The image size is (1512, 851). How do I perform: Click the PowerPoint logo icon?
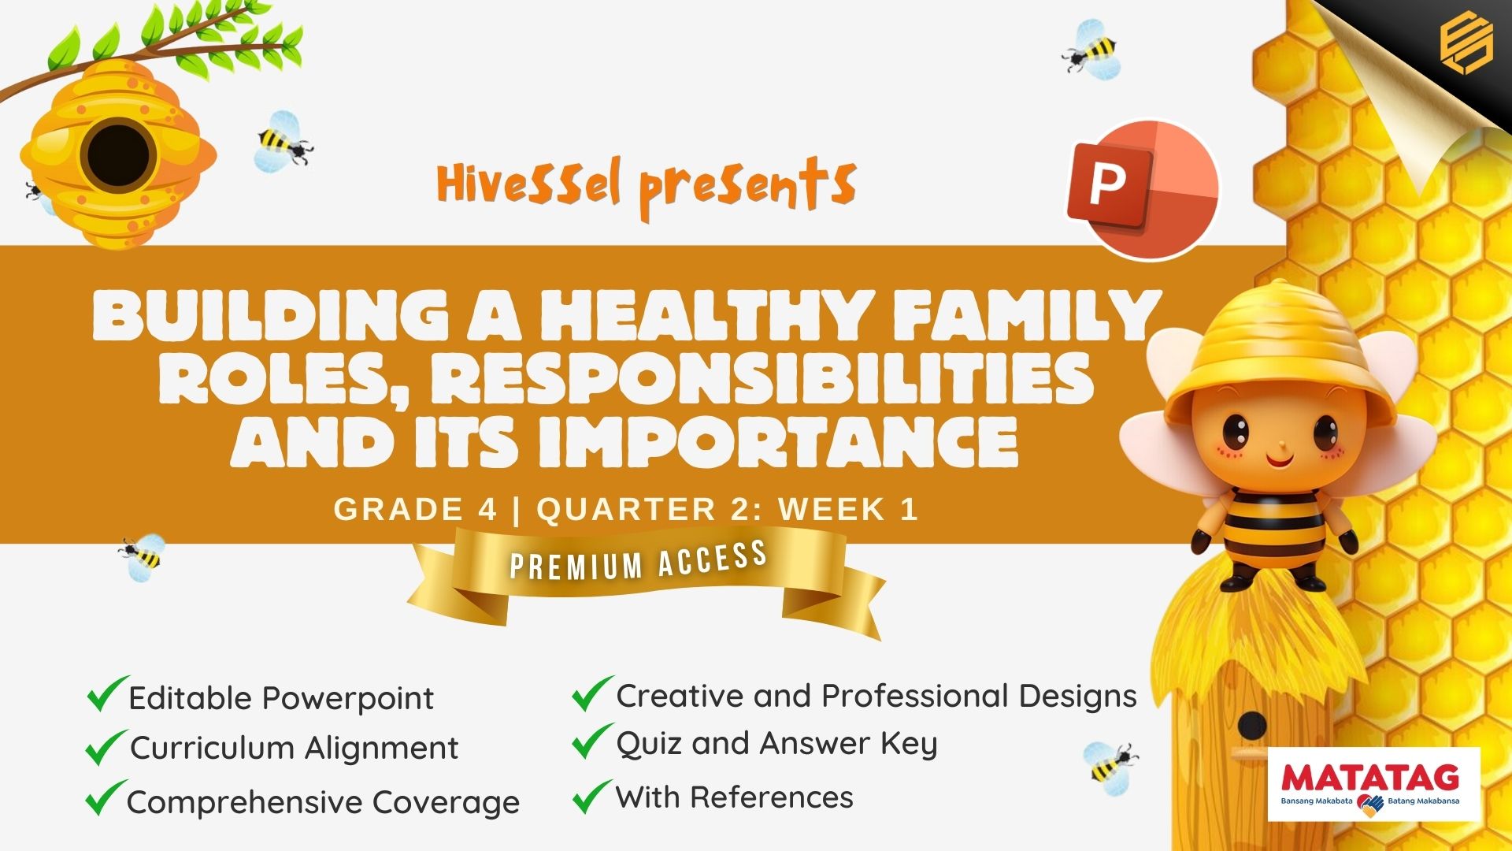tap(1142, 189)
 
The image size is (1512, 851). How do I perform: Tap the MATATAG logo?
tap(1373, 785)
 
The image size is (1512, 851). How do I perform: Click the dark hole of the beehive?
tap(118, 154)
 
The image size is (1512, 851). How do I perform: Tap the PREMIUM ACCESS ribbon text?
tap(639, 561)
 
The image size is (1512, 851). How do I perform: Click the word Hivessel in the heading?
tap(528, 184)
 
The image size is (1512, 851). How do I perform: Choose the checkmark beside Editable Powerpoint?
tap(108, 693)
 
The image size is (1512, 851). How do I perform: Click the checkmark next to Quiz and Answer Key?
tap(592, 741)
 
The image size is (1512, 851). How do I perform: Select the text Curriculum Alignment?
tap(294, 748)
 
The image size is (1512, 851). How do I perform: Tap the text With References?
tap(734, 797)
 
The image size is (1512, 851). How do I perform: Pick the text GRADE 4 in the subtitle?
tap(415, 509)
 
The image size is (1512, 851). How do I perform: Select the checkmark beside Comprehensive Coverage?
tap(106, 797)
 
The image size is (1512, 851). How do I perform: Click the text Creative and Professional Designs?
tap(876, 696)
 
